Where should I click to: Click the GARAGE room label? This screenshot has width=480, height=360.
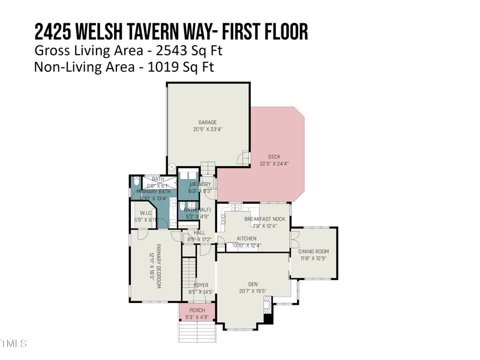pyautogui.click(x=208, y=122)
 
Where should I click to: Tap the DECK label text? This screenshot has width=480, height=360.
pyautogui.click(x=274, y=157)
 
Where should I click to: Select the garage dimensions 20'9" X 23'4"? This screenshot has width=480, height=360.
pyautogui.click(x=208, y=129)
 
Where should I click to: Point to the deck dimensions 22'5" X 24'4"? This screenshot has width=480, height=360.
pyautogui.click(x=274, y=164)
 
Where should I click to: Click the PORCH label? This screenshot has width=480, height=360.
pyautogui.click(x=197, y=310)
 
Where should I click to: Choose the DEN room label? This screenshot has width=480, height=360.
pyautogui.click(x=252, y=284)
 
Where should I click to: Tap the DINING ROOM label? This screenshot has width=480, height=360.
pyautogui.click(x=314, y=251)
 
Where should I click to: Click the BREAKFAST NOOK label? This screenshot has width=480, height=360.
pyautogui.click(x=265, y=219)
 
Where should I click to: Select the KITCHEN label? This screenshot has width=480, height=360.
pyautogui.click(x=247, y=238)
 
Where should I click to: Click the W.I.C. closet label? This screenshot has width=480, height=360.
pyautogui.click(x=145, y=213)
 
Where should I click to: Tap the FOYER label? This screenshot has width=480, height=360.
pyautogui.click(x=200, y=285)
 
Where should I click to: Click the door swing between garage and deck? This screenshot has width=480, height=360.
pyautogui.click(x=245, y=157)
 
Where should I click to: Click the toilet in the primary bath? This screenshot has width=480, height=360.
pyautogui.click(x=136, y=181)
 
